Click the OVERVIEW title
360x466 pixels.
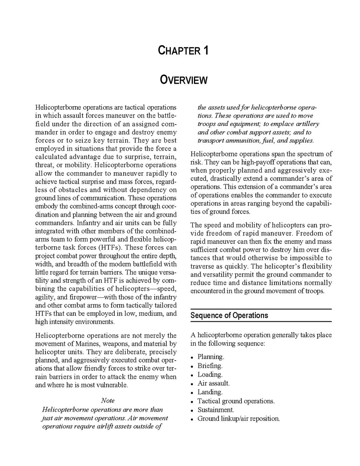pos(184,80)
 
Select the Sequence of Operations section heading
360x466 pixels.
pos(229,315)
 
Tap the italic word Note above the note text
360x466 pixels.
pos(108,400)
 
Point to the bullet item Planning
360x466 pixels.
pos(210,357)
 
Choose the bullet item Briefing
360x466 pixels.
pos(210,366)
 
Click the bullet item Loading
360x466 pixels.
pos(210,375)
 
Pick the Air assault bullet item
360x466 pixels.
pos(213,383)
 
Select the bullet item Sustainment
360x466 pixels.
pos(216,410)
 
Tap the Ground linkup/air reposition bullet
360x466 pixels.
pos(238,419)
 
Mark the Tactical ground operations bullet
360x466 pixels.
pos(236,401)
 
